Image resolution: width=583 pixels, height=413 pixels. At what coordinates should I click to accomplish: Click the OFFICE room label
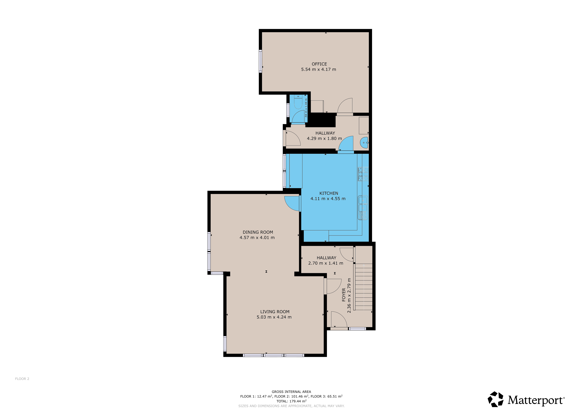tap(319, 64)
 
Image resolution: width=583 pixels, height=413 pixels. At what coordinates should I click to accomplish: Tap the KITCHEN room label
tap(329, 193)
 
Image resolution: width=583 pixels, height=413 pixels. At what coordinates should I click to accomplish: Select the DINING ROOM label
tap(258, 232)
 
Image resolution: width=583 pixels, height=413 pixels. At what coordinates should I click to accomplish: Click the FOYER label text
tap(344, 295)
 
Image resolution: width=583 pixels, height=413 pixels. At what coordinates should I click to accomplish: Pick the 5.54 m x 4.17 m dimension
tap(318, 69)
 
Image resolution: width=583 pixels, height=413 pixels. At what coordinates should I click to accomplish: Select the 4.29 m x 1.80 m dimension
tap(324, 139)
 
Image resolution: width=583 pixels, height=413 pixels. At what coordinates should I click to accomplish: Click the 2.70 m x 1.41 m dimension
tap(326, 263)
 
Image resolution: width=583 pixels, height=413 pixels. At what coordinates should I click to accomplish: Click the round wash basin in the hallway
tap(364, 143)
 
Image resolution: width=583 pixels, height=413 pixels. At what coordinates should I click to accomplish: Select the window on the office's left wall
tap(260, 61)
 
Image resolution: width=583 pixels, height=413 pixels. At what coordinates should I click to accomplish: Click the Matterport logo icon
tap(495, 399)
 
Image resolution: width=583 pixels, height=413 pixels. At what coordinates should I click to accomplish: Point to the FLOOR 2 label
tap(22, 379)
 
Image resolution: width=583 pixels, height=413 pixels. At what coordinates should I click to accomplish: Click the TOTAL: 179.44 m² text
tap(291, 401)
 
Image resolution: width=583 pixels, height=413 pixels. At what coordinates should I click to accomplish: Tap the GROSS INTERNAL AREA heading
tap(291, 392)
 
